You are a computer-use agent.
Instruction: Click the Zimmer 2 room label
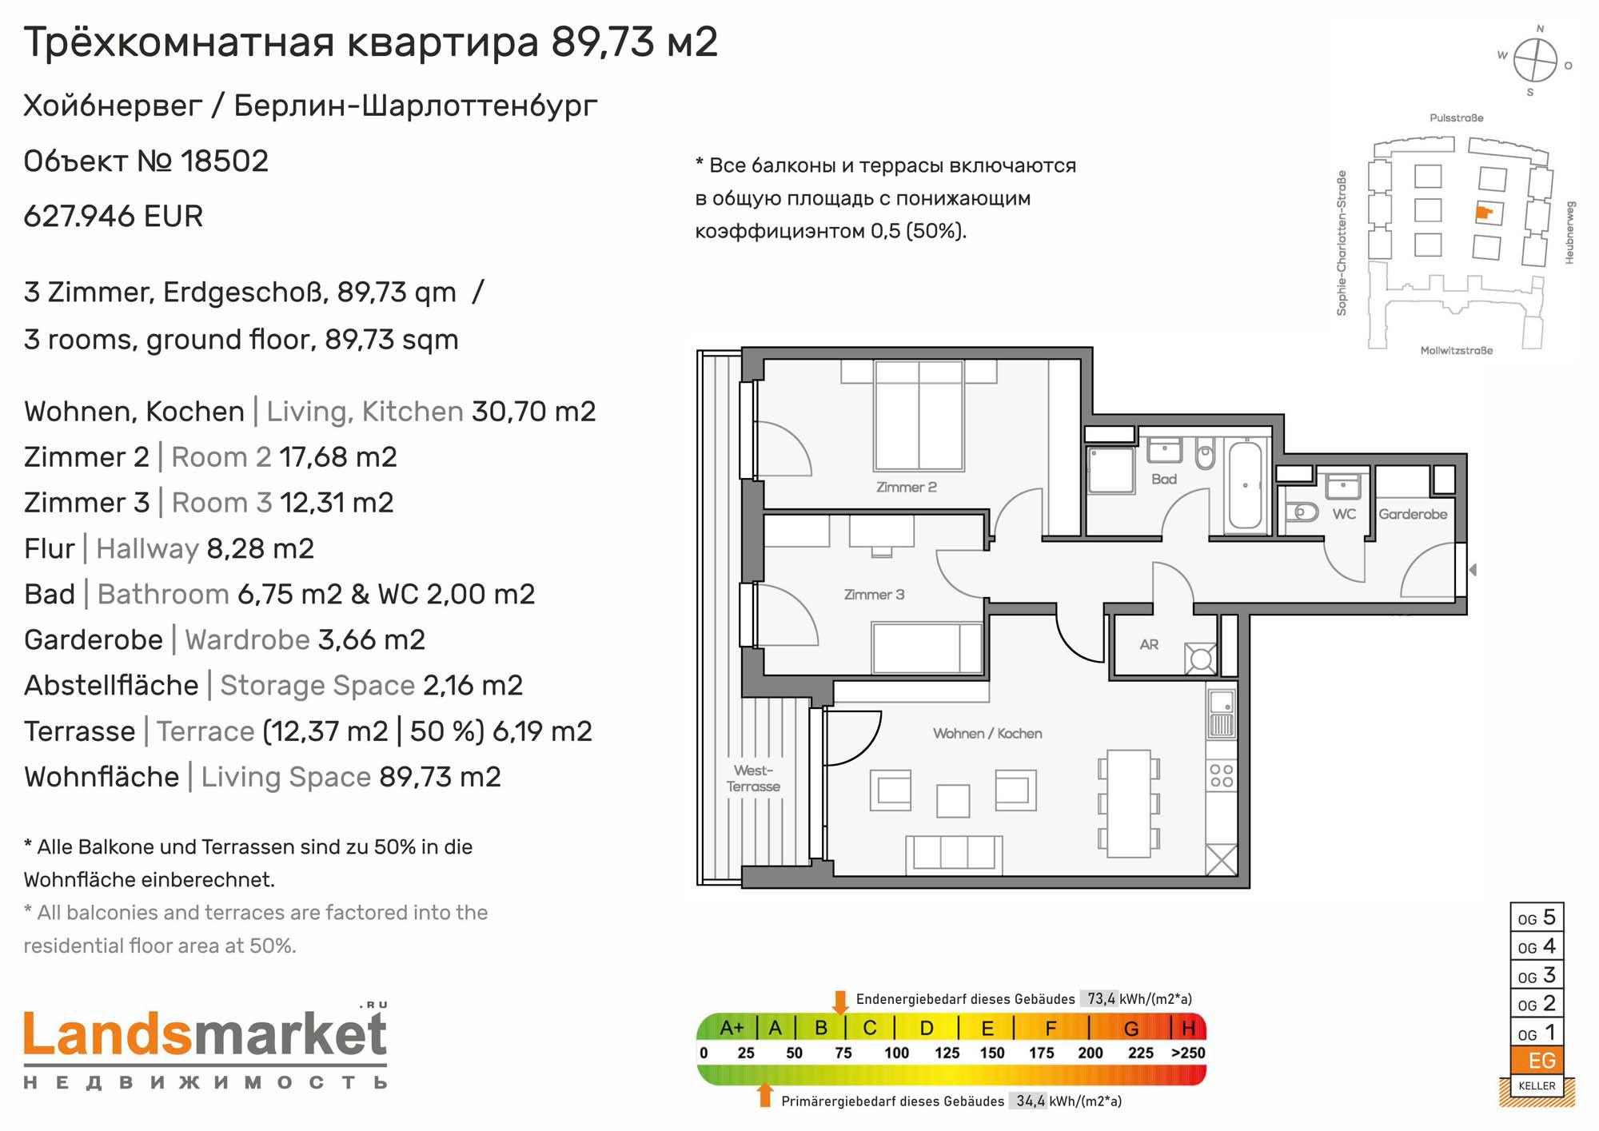(906, 487)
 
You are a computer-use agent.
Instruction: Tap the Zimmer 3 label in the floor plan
(874, 595)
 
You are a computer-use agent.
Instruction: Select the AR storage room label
(1149, 644)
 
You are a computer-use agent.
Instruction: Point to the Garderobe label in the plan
(1413, 514)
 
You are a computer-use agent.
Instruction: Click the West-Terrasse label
(753, 779)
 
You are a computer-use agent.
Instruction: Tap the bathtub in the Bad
(1245, 485)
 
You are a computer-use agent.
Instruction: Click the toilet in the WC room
(1302, 512)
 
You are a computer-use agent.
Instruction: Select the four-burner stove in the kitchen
(1222, 775)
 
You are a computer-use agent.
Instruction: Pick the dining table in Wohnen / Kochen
(1128, 803)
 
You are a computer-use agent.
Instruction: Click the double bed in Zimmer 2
(919, 414)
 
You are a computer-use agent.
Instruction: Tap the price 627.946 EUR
(114, 216)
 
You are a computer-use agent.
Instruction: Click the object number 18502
(225, 161)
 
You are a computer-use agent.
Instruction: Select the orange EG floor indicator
(1537, 1061)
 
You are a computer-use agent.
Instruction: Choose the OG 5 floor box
(1537, 918)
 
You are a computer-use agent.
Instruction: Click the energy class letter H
(1189, 1028)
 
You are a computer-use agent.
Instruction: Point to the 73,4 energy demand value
(1100, 998)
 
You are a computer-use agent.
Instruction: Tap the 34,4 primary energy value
(1031, 1101)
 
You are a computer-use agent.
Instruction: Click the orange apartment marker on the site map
(1484, 213)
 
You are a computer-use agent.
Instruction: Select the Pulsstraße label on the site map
(1457, 117)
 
